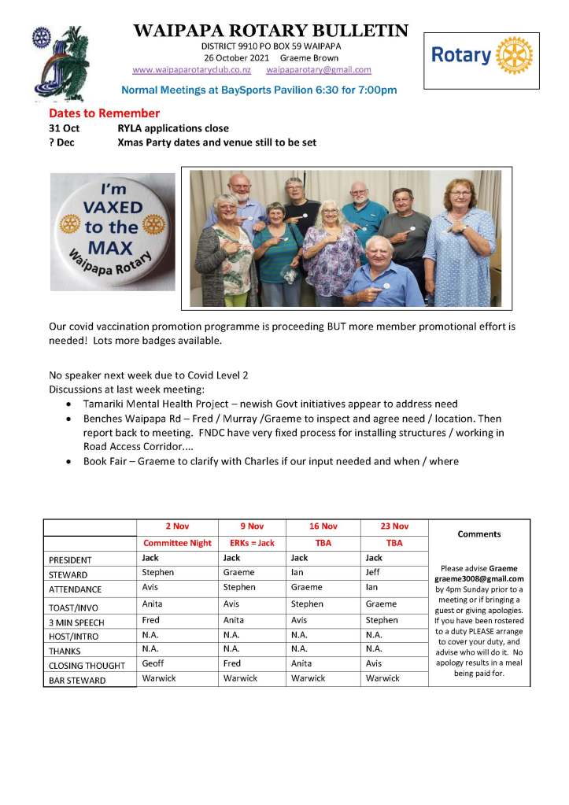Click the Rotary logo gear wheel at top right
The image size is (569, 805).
tap(515, 56)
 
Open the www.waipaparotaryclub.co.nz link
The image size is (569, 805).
tap(191, 70)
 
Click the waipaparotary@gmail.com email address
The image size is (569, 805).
tap(319, 70)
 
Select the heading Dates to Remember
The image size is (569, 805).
tap(104, 113)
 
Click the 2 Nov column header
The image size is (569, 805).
tap(176, 527)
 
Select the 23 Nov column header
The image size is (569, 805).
tap(393, 527)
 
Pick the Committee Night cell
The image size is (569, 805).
tap(177, 543)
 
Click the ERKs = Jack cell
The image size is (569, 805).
tap(252, 543)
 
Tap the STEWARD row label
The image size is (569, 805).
tap(68, 574)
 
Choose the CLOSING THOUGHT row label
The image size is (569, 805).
tap(87, 665)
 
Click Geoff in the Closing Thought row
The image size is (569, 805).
tap(153, 663)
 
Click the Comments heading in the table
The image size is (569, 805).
tap(478, 534)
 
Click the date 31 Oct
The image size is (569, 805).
tap(64, 128)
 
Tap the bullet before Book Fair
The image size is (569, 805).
tap(72, 462)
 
